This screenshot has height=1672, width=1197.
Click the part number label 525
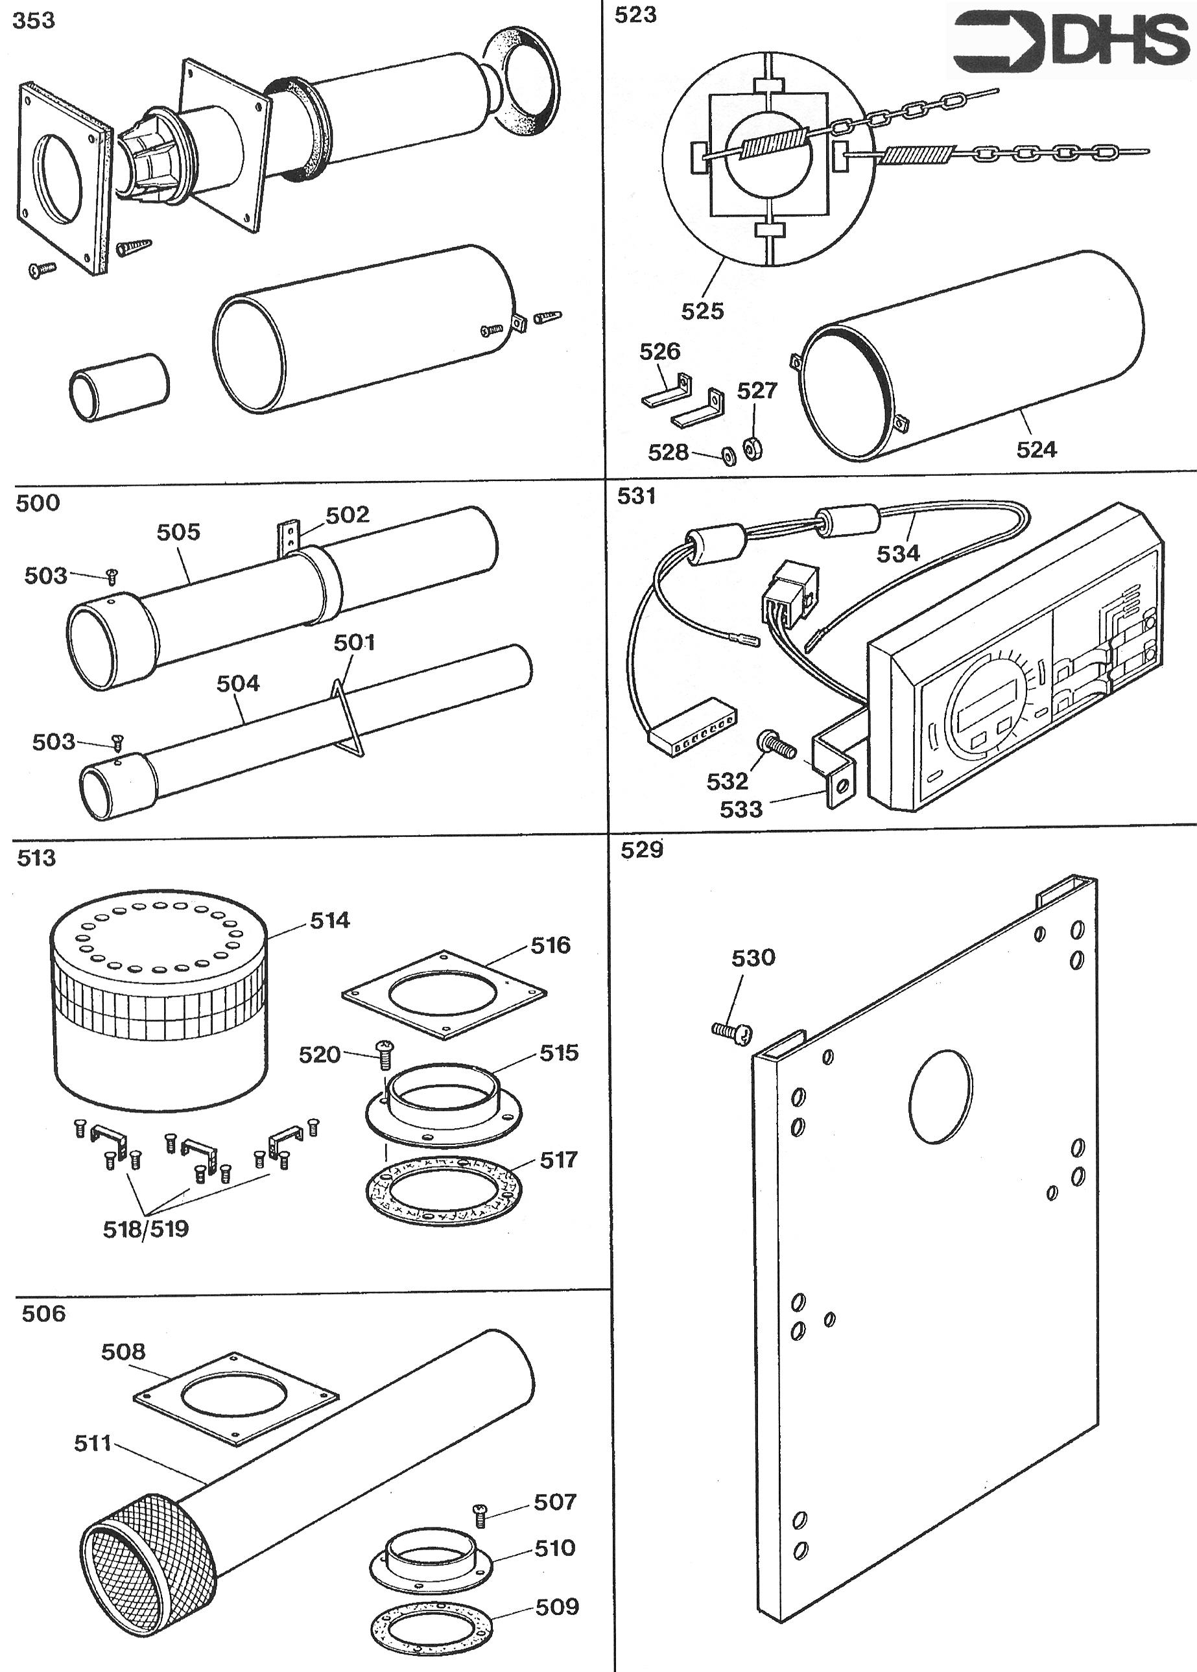702,311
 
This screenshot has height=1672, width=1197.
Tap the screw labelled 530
729,1031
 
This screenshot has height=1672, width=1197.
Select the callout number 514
329,921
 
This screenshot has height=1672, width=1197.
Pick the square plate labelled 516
444,994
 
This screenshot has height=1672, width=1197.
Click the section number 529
641,850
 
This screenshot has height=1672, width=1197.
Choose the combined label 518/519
145,1229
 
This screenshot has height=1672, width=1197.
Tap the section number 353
34,21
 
